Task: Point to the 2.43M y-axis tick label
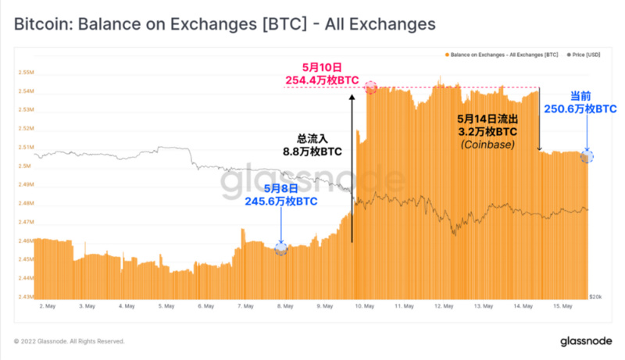[x=24, y=297]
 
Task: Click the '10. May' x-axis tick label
[x=364, y=307]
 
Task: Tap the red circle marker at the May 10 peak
[x=370, y=87]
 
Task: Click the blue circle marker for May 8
[x=280, y=248]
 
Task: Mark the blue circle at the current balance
[x=587, y=156]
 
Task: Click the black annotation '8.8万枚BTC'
[x=311, y=151]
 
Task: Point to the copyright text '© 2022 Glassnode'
[x=69, y=341]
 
